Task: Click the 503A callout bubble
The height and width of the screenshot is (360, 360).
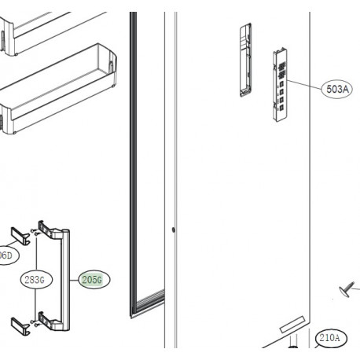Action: coord(336,90)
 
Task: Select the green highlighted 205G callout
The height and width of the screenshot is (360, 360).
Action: coord(95,279)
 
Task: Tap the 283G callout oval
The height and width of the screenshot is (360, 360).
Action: coord(34,279)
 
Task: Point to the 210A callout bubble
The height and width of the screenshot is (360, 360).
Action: coord(330,339)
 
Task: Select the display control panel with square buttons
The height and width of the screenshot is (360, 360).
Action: coord(280,86)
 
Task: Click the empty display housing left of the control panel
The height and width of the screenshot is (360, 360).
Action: coord(244,60)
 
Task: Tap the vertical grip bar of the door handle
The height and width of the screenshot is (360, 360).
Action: coord(72,279)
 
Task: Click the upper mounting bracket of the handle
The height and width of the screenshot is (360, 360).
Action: coord(19,236)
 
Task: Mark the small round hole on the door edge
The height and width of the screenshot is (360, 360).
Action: coord(171,230)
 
